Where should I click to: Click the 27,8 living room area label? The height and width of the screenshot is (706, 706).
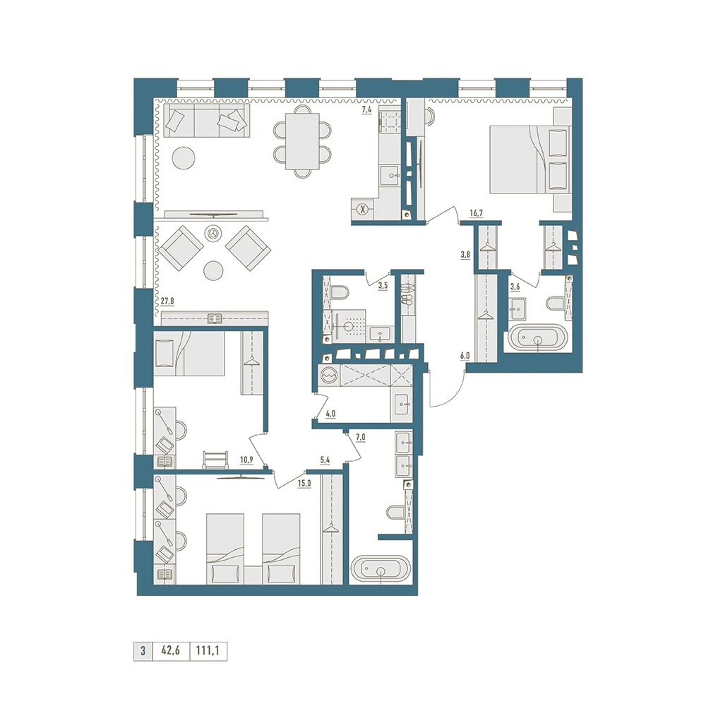click(x=167, y=301)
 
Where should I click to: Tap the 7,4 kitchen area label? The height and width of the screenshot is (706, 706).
click(x=366, y=109)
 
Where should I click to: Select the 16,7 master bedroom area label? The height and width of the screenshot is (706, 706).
click(x=476, y=213)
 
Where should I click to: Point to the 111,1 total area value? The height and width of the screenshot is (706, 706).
click(x=208, y=651)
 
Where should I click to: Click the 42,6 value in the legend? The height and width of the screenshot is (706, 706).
click(x=171, y=651)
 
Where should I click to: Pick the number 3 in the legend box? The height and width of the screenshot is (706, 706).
click(x=143, y=651)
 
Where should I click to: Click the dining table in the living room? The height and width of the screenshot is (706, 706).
click(x=303, y=141)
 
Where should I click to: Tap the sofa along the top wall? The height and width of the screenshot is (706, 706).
click(x=205, y=120)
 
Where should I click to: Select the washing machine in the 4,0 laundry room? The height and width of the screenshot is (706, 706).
click(x=329, y=375)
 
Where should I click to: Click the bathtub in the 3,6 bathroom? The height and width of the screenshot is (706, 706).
click(x=537, y=337)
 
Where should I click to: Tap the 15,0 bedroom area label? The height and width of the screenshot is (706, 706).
click(x=304, y=484)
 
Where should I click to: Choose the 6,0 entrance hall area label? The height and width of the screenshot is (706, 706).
click(x=465, y=356)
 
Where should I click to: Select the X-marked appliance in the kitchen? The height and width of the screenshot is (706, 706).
click(x=363, y=209)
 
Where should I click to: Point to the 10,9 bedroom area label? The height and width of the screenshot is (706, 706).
click(x=246, y=460)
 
